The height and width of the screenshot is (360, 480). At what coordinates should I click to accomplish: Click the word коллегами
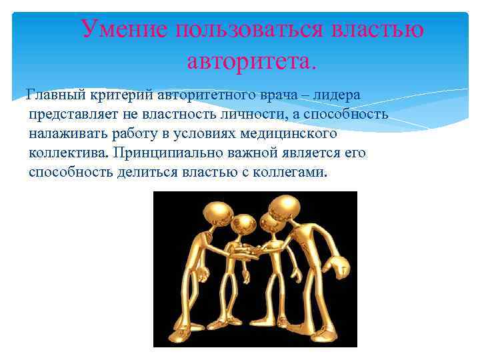click(293, 172)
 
